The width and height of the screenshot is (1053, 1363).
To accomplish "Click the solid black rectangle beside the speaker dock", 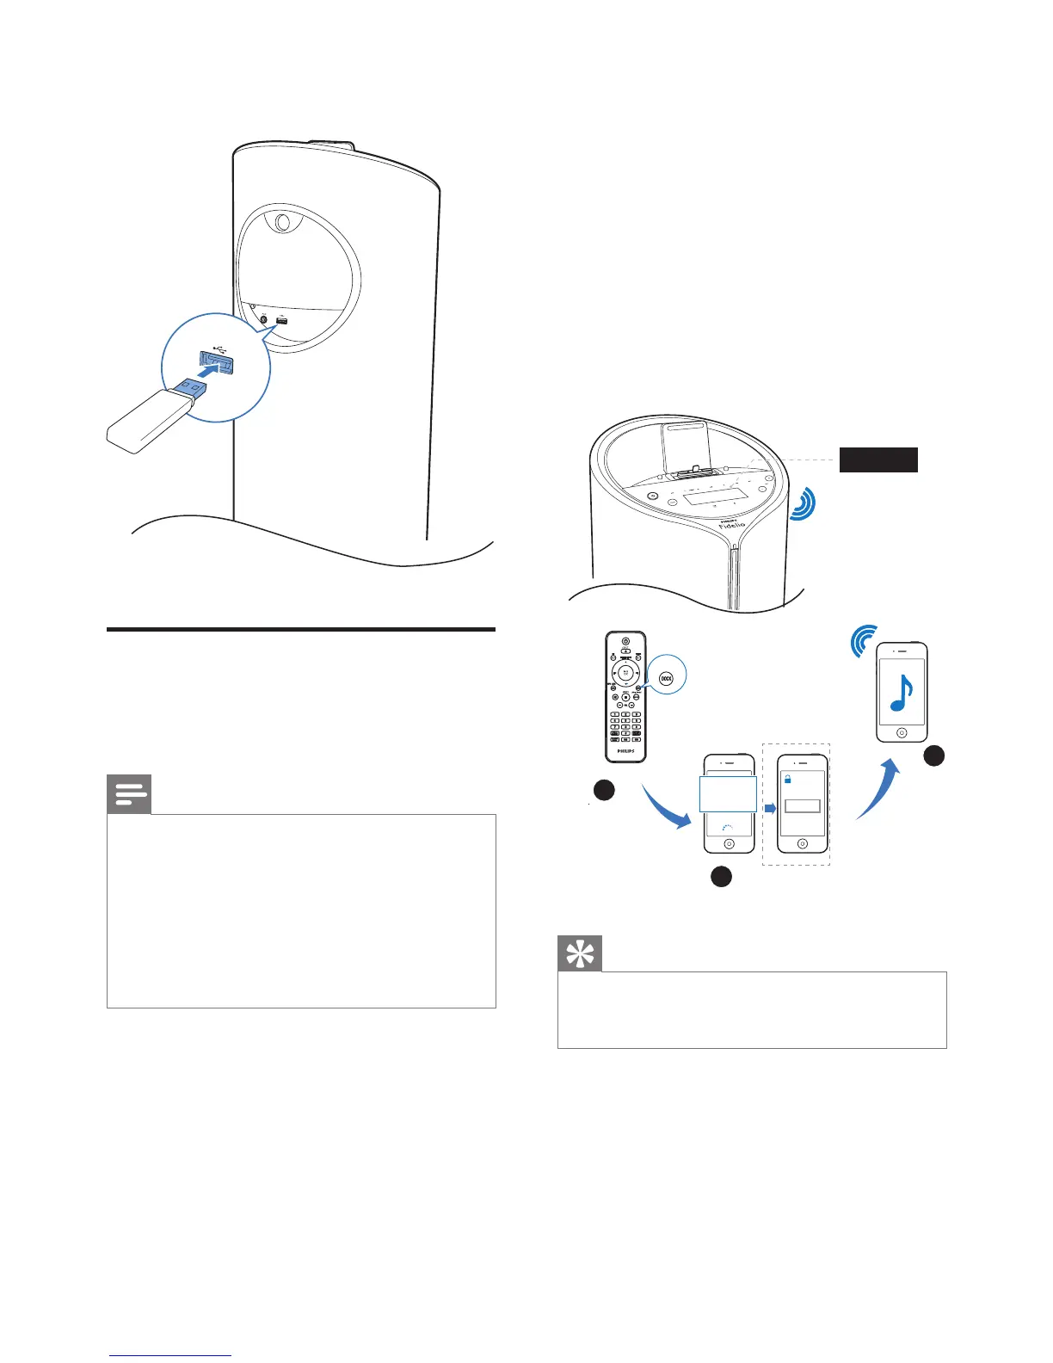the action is [x=878, y=459].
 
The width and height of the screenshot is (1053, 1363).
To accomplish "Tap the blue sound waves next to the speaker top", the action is [x=804, y=503].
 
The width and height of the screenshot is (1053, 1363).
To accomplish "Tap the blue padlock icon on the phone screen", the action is [x=787, y=779].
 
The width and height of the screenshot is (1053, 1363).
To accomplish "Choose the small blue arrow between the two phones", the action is [x=770, y=808].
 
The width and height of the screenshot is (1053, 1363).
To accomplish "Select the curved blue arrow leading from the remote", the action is [x=667, y=809].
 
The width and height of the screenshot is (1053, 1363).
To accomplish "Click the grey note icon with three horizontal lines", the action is [x=129, y=794].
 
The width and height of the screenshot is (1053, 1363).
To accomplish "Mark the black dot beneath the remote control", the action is [x=603, y=790].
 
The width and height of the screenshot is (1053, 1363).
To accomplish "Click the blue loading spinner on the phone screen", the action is [x=727, y=830].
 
